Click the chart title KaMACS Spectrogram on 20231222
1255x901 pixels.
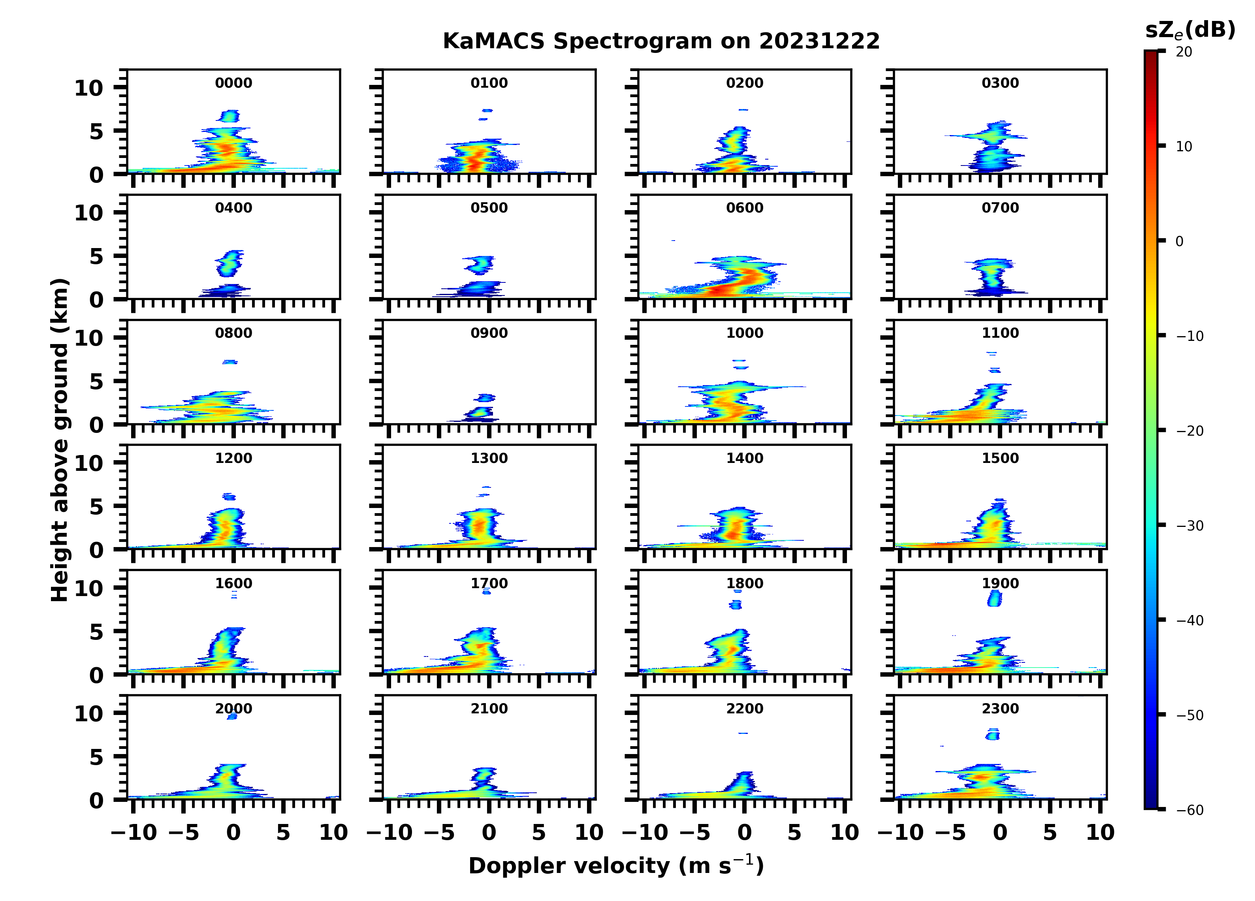[661, 41]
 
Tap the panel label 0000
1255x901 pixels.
[233, 83]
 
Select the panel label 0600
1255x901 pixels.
[744, 208]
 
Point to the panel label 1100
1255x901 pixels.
[1000, 333]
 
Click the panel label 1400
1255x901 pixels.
[744, 458]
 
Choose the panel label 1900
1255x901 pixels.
[1000, 583]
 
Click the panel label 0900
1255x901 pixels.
[489, 333]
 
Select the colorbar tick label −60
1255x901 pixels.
[1189, 810]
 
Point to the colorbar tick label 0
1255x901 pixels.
[1179, 241]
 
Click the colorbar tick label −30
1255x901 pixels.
[1189, 526]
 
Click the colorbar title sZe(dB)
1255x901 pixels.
[1190, 30]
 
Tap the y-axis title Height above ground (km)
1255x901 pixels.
[60, 440]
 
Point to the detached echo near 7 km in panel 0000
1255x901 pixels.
[230, 116]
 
